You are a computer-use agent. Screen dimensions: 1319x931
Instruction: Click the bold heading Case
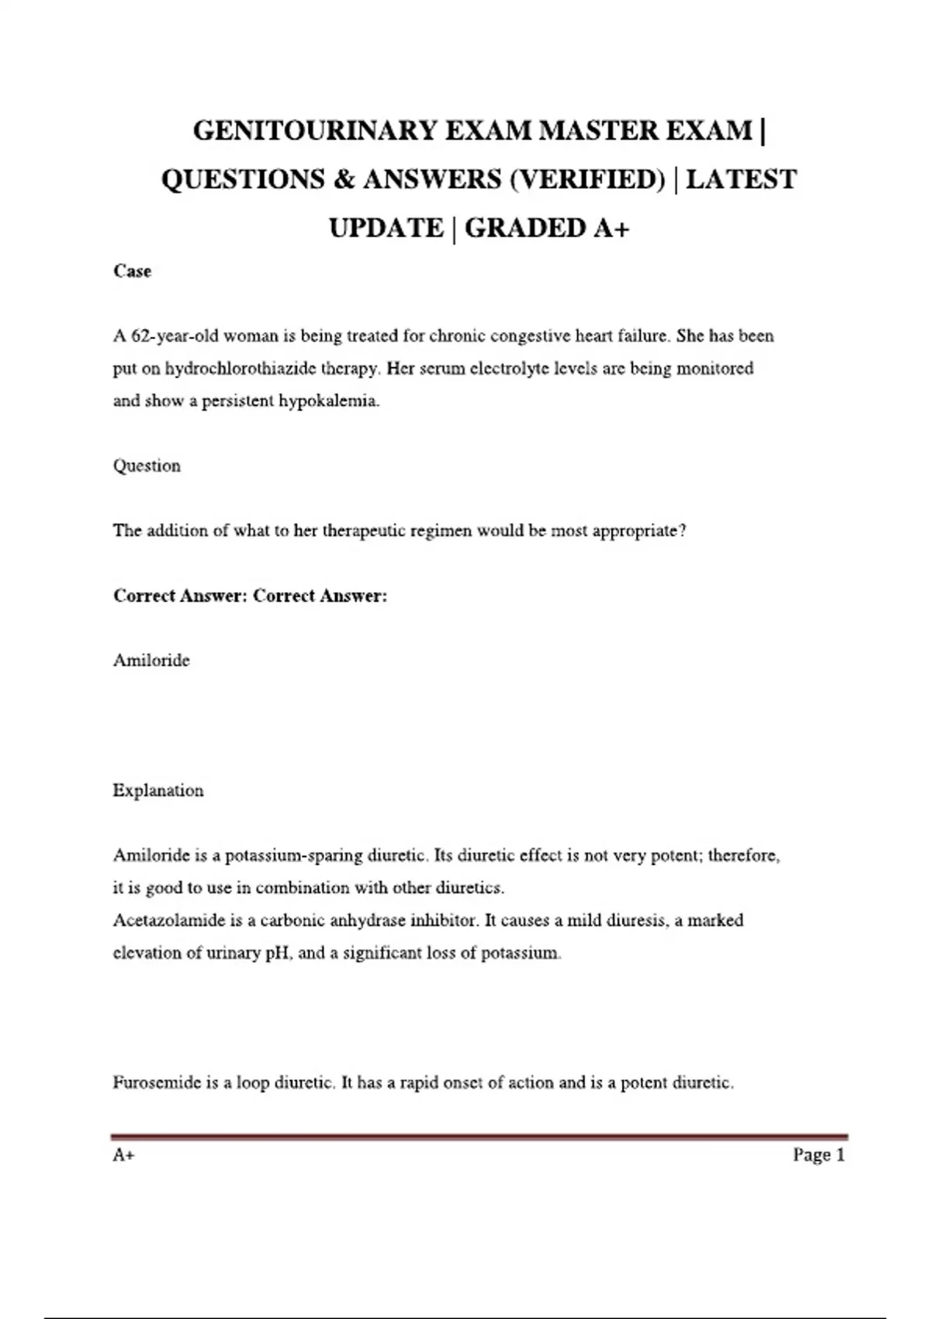132,271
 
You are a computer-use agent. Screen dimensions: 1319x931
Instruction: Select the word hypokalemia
329,401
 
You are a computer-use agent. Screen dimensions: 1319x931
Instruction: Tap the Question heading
147,466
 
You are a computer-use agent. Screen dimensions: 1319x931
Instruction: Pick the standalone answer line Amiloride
151,660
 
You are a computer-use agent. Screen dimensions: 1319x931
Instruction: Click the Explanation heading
158,791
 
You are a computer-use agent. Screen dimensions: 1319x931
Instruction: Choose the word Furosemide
157,1082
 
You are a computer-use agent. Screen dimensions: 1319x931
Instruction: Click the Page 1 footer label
819,1155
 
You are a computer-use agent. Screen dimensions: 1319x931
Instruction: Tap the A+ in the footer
123,1155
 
